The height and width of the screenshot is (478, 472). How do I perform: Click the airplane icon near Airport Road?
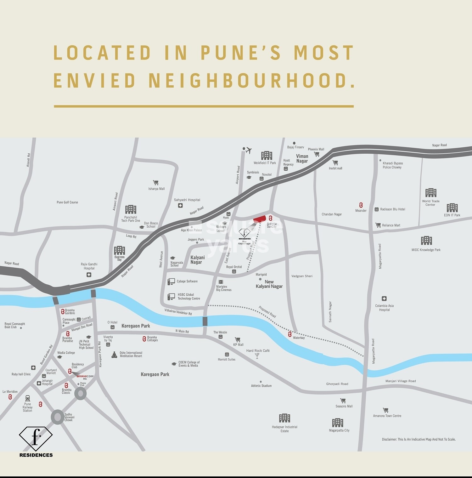click(x=249, y=150)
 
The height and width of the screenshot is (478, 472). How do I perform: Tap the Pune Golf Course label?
click(x=67, y=202)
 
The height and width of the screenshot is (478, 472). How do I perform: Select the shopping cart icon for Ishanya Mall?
click(x=155, y=183)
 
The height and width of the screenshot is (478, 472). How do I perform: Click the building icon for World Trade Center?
click(x=431, y=193)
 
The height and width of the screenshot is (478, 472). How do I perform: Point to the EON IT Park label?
click(x=452, y=215)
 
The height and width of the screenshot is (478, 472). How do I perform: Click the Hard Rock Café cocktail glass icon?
click(x=257, y=356)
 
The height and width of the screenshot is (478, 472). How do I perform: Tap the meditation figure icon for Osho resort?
click(x=114, y=355)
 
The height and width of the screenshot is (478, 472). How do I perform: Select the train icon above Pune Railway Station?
click(x=28, y=398)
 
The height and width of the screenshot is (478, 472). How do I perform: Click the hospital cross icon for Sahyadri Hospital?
click(x=180, y=206)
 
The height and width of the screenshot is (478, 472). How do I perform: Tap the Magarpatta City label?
click(x=339, y=430)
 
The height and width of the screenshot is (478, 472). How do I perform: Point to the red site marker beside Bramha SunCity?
click(x=260, y=219)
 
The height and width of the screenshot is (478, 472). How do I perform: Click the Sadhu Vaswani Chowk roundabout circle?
click(x=58, y=417)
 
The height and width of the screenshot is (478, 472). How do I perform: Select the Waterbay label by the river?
click(x=299, y=338)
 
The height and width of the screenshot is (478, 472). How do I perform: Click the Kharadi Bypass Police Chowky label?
click(x=392, y=165)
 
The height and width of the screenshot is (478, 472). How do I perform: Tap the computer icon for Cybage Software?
click(x=171, y=282)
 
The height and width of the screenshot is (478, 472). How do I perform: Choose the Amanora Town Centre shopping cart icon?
click(x=385, y=410)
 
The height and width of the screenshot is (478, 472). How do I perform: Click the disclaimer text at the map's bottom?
click(x=419, y=439)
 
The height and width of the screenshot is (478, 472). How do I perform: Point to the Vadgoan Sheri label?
click(x=302, y=276)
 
